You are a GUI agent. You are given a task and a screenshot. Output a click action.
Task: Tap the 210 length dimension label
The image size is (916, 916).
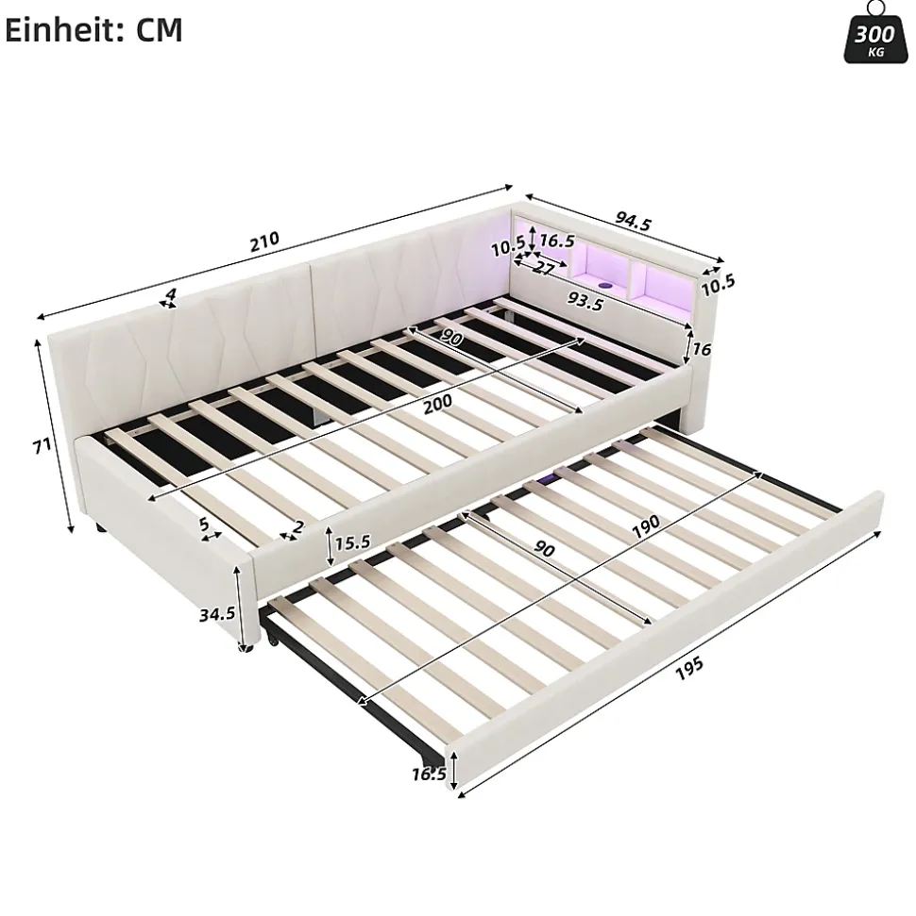265,241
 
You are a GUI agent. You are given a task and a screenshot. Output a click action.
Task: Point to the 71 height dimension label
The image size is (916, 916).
42,446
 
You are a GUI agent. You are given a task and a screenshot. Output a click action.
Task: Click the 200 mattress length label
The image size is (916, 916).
437,403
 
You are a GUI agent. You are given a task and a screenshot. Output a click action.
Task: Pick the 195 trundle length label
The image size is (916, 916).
689,669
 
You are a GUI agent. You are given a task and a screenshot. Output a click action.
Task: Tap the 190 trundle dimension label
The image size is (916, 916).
646,526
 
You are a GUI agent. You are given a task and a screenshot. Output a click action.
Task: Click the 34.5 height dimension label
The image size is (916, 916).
217,613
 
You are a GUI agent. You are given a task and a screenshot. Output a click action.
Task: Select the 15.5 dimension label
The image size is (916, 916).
353,542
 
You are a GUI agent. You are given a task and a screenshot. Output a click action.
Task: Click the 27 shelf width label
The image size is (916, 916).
543,268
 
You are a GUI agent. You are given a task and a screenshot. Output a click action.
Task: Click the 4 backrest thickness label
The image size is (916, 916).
170,293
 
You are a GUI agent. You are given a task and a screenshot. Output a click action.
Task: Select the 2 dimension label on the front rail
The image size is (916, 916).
298,527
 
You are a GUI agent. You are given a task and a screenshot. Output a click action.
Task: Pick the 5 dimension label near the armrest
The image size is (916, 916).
204,524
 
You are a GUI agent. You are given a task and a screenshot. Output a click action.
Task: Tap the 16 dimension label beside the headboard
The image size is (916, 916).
702,349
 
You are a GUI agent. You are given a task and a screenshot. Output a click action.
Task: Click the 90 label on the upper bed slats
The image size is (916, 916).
451,337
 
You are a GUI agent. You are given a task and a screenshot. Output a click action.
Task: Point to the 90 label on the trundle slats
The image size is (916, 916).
544,548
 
